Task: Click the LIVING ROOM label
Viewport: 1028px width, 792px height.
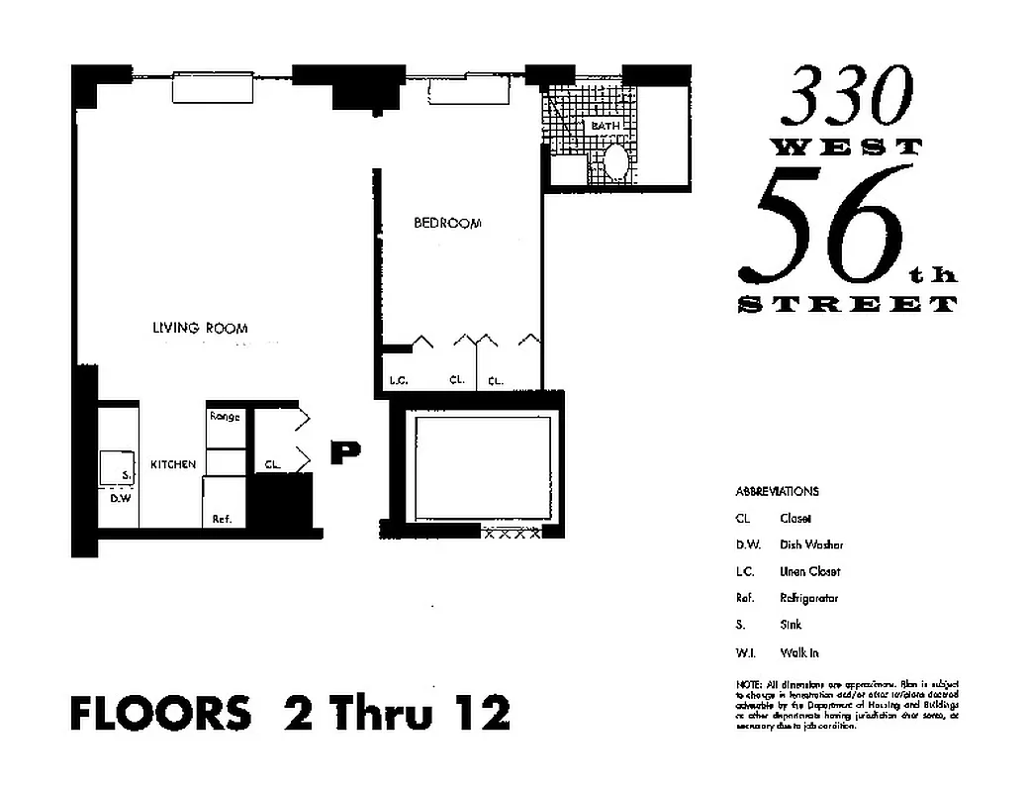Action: (200, 328)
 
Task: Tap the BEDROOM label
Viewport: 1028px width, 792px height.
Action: (447, 223)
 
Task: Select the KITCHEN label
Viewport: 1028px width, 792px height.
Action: (173, 464)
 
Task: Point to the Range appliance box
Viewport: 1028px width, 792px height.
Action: (225, 418)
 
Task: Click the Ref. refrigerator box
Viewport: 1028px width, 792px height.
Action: (222, 518)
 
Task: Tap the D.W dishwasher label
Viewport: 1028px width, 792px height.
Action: (121, 498)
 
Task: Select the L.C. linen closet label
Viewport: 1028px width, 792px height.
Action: (399, 380)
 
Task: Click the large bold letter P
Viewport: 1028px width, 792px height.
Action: (344, 452)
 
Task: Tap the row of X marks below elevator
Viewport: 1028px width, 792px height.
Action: (511, 534)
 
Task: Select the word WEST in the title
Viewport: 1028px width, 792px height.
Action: (846, 147)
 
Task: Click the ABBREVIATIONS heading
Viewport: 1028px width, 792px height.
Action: (777, 491)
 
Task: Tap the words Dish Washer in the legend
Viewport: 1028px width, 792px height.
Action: (811, 544)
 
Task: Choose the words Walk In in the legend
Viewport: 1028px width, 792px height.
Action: (798, 652)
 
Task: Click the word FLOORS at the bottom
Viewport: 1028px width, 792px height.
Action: (160, 713)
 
